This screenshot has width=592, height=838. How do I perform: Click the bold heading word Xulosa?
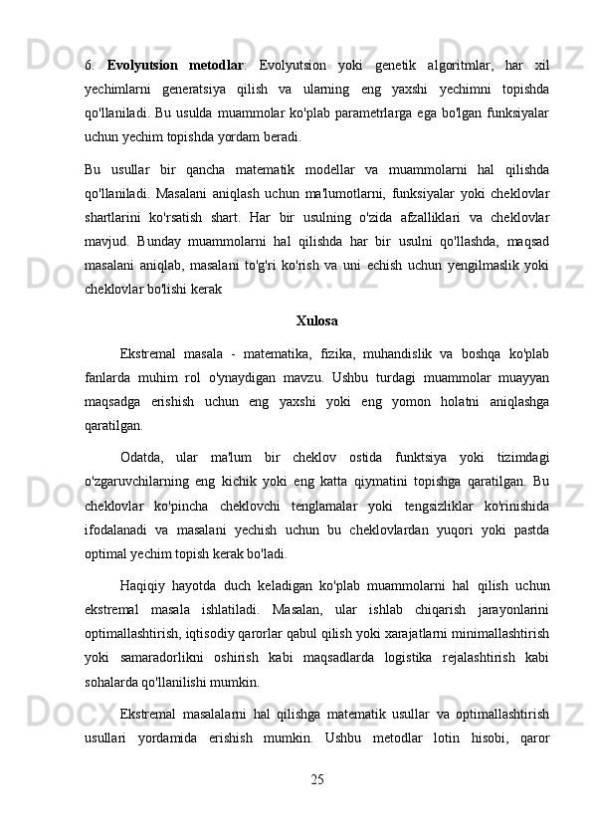click(316, 321)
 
